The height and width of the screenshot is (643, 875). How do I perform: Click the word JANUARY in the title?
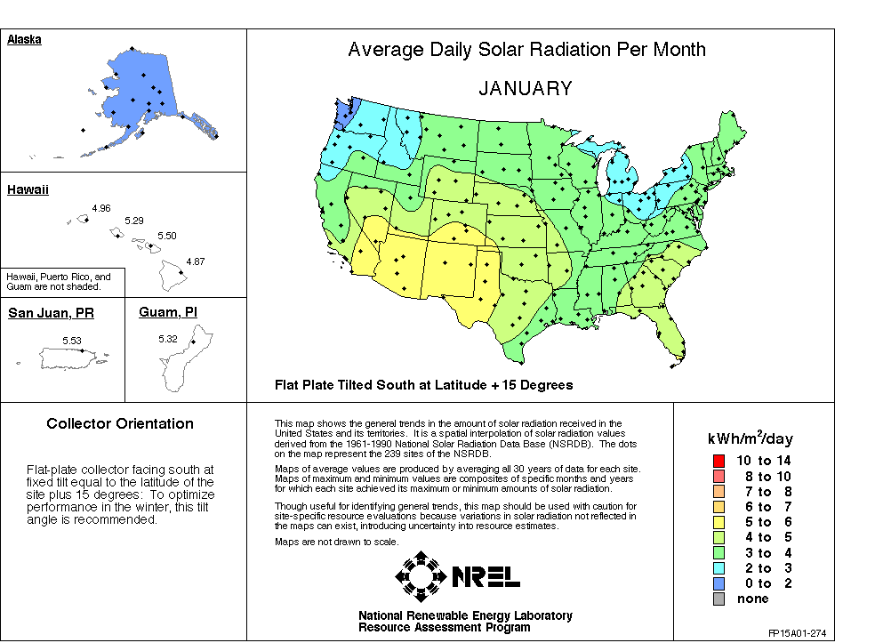tap(526, 89)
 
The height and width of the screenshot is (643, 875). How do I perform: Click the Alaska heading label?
tap(25, 40)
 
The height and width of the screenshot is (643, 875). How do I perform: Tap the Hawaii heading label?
tap(28, 190)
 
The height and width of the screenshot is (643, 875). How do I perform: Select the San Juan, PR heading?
tap(51, 313)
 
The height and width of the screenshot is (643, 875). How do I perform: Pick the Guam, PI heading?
tap(168, 312)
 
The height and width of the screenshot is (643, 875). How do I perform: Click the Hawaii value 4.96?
tap(100, 208)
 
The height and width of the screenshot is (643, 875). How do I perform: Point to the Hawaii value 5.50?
tap(167, 236)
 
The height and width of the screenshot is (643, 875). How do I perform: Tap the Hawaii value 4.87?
tap(196, 261)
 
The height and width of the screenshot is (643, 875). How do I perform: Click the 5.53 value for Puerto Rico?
tap(71, 341)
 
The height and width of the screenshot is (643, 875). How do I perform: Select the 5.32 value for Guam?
tap(168, 340)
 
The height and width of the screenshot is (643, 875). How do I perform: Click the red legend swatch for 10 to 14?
tap(718, 461)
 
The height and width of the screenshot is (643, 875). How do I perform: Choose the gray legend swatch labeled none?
tap(718, 599)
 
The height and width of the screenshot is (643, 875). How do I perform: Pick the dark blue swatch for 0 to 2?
tap(718, 583)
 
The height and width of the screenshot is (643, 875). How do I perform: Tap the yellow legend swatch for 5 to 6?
tap(718, 522)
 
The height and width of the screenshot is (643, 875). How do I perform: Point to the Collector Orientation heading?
tap(120, 424)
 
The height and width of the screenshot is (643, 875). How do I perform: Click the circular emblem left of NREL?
tap(421, 576)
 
